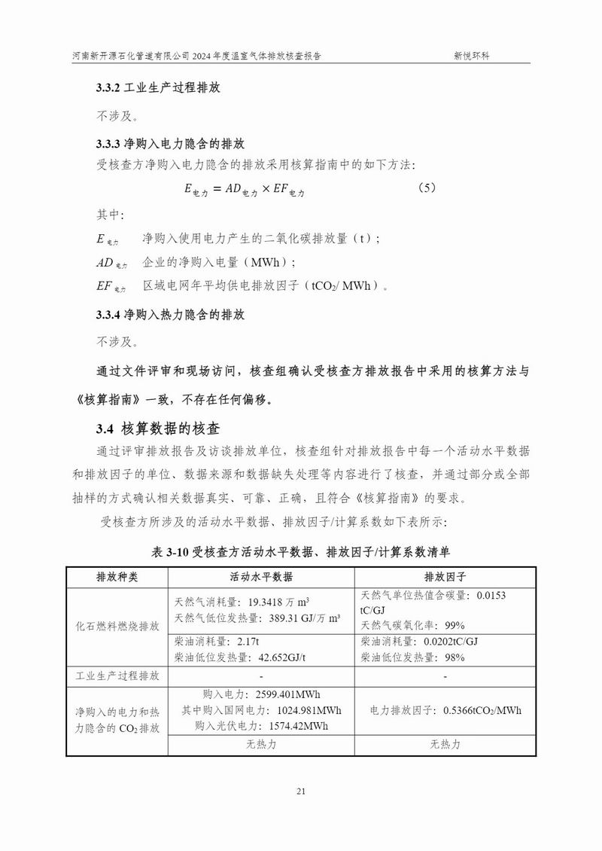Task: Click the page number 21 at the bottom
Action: click(301, 791)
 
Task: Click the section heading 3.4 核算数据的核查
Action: click(157, 429)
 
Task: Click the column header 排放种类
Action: click(117, 577)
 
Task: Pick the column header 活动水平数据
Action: click(261, 577)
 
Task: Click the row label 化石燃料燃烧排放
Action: click(117, 626)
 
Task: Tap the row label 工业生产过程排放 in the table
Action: click(117, 676)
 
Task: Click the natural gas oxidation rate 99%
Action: click(455, 625)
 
